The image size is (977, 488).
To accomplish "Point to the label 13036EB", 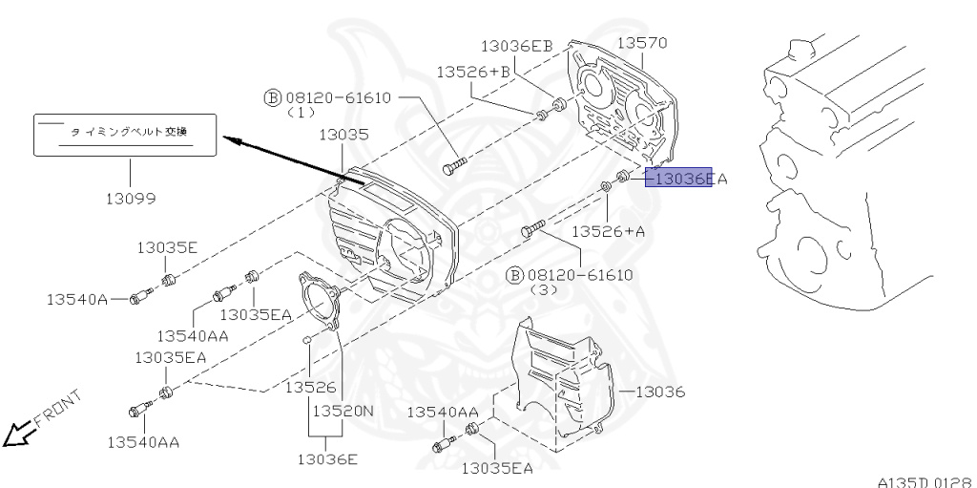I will coord(516,46).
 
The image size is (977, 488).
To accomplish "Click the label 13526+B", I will coord(474,72).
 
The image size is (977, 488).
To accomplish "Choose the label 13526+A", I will coord(609,231).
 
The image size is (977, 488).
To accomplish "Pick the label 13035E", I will coord(166,247).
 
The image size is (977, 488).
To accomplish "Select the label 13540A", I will coord(77,299).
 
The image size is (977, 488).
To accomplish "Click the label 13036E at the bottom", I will coord(326,459).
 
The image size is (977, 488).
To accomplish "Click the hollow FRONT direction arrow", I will coord(17,435).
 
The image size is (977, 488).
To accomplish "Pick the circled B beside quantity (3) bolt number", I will coord(513,276).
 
